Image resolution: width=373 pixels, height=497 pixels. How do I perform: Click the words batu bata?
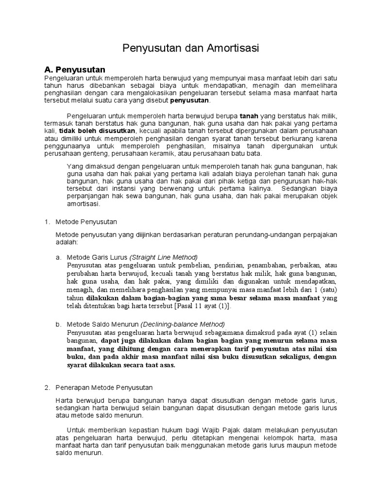tap(247, 153)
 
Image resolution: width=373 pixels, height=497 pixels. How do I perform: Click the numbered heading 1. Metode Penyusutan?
tap(81, 221)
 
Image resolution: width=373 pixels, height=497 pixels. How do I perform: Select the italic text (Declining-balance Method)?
tap(183, 324)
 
